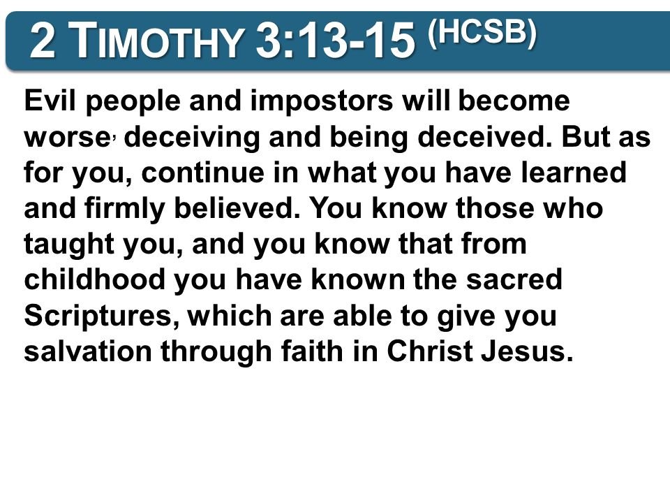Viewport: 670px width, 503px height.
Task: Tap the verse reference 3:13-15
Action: (336, 41)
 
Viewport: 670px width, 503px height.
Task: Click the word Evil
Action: (51, 101)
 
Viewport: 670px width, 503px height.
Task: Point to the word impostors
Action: (321, 101)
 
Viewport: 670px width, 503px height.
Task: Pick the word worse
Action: (67, 138)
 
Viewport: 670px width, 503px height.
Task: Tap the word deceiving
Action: (192, 138)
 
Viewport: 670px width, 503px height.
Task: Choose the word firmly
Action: (124, 209)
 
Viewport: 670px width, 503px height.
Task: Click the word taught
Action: (69, 245)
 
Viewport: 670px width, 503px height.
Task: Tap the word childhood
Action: (94, 279)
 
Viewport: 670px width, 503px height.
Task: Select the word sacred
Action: (514, 279)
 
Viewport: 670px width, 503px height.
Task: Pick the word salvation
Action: (88, 351)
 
